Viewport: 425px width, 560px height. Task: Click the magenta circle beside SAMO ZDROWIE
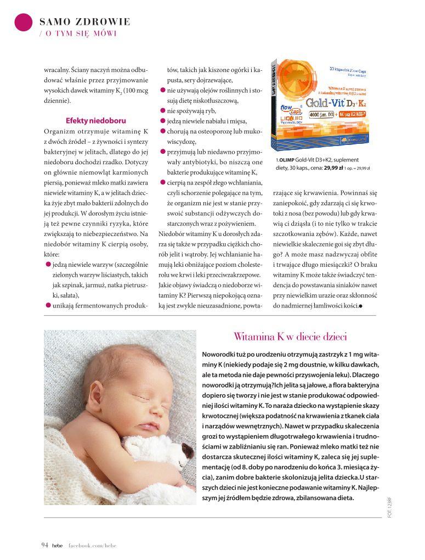click(23, 21)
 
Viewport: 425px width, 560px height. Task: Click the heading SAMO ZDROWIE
click(85, 22)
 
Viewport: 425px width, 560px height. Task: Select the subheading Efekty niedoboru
click(96, 120)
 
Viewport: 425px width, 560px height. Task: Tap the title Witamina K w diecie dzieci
click(290, 337)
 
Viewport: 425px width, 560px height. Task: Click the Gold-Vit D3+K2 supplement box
click(321, 105)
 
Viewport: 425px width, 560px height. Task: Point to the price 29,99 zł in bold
click(333, 169)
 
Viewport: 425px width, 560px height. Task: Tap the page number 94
click(45, 545)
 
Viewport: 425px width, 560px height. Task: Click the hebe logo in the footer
click(58, 545)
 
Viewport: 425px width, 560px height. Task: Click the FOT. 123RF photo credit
click(389, 507)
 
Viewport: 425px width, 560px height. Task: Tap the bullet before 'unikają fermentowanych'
click(48, 305)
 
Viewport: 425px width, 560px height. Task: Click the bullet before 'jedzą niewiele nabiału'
click(163, 121)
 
